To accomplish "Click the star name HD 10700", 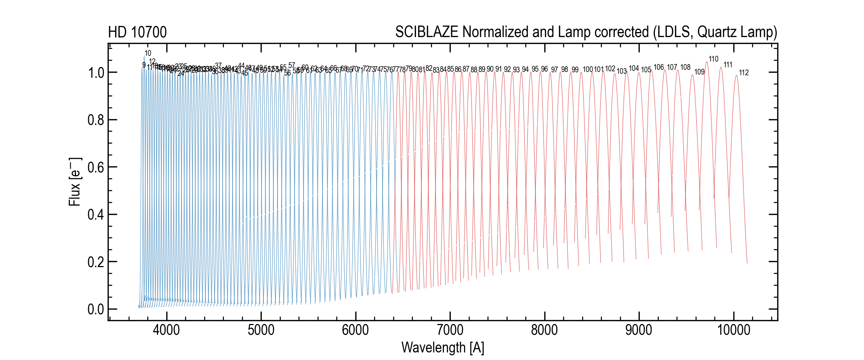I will point(137,32).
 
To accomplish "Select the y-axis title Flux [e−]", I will point(75,182).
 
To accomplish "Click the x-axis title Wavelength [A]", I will point(442,348).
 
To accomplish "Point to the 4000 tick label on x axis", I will point(166,330).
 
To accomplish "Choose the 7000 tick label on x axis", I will point(450,330).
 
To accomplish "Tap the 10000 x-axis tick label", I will point(733,330).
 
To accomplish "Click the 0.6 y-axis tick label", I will point(95,167).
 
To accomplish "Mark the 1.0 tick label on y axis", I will point(95,73).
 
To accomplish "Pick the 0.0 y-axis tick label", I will point(95,309).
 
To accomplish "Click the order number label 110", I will point(714,59).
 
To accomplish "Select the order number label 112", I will point(744,73).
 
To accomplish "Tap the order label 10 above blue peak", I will point(148,53).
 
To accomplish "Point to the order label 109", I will point(699,72).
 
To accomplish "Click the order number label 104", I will point(634,68).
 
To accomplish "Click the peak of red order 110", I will point(707,62).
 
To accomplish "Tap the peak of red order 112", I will point(736,75).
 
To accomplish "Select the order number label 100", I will point(588,69).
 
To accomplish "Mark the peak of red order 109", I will point(692,75).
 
